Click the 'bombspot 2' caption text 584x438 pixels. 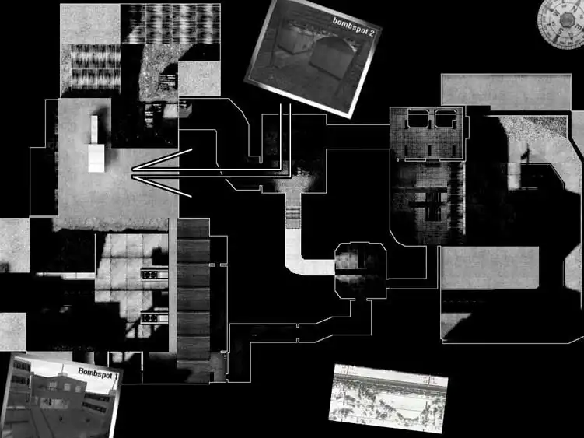tap(353, 26)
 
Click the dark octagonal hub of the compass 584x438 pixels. tap(567, 19)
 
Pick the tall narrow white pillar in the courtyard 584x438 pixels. tap(94, 130)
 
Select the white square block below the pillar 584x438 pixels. tap(96, 159)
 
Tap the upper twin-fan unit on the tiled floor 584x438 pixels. tap(154, 275)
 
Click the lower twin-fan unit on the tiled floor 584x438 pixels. tap(154, 318)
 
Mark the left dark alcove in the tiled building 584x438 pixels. tap(418, 120)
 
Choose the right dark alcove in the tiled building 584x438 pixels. tap(446, 120)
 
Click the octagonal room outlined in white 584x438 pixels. tap(361, 270)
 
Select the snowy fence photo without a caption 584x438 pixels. tap(389, 398)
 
